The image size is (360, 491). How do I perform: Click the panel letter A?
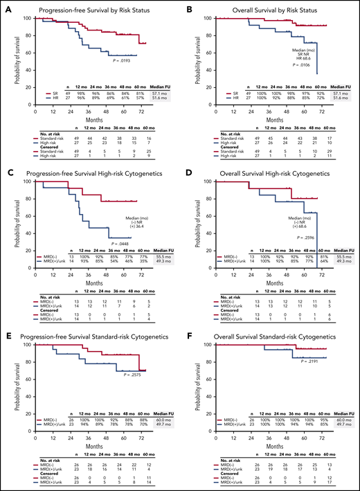pyautogui.click(x=6, y=7)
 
